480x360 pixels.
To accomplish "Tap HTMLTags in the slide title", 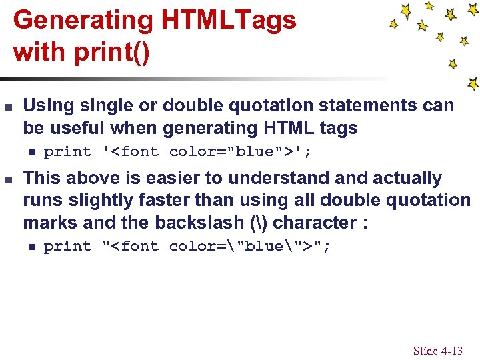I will [x=228, y=21].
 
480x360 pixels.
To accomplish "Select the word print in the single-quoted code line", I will [x=67, y=152].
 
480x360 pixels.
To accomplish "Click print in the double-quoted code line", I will [x=67, y=247].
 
